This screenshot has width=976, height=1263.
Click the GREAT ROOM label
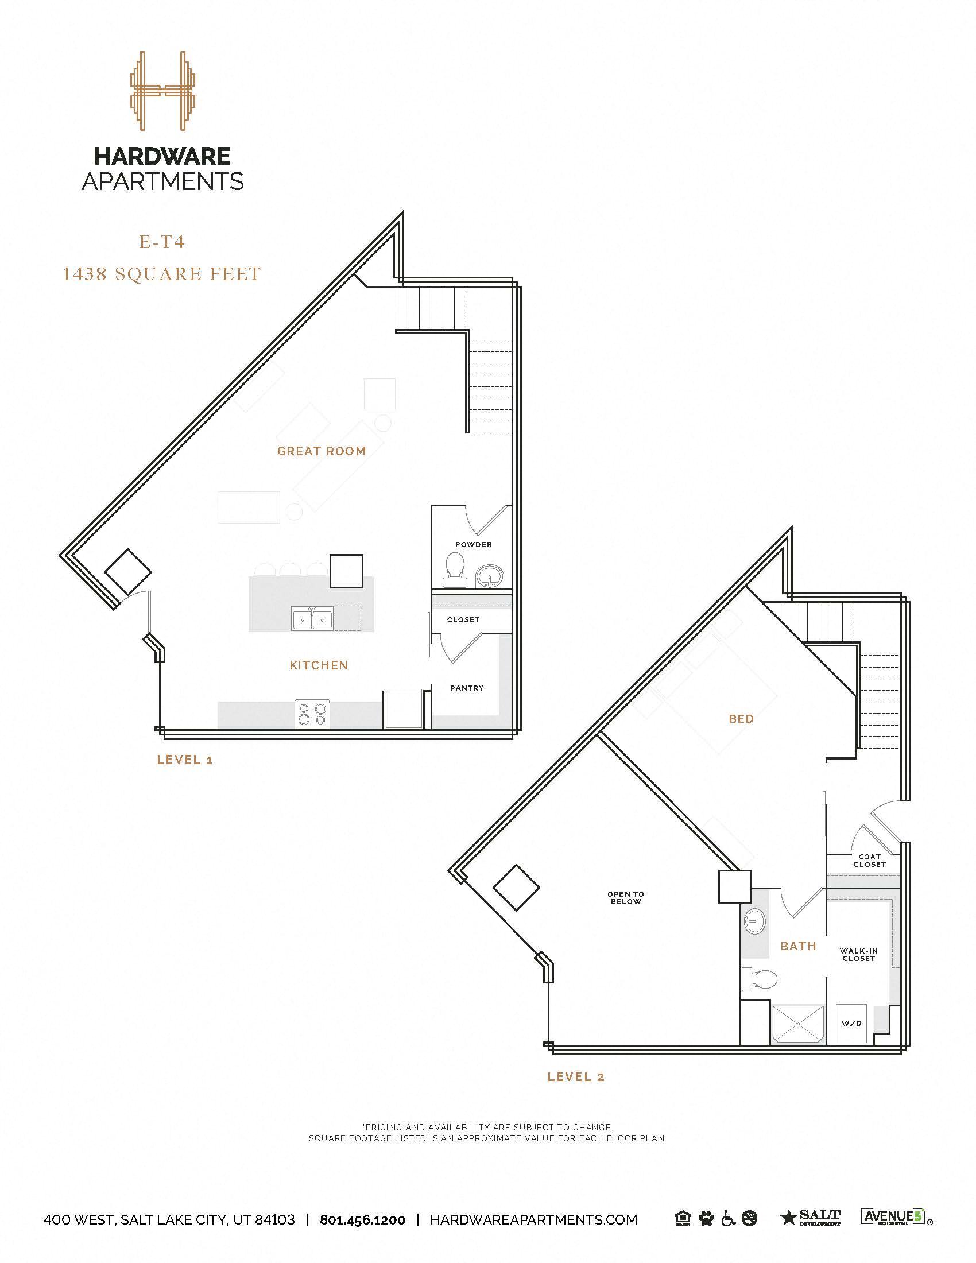(322, 451)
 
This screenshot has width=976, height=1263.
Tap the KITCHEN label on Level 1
(319, 665)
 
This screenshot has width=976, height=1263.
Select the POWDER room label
(474, 544)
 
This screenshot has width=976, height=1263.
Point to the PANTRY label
(467, 688)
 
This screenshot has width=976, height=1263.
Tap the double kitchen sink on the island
(312, 619)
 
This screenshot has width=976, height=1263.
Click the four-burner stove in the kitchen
(312, 714)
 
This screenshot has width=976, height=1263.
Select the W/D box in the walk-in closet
(851, 1023)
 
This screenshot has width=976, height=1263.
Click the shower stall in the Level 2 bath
(797, 1024)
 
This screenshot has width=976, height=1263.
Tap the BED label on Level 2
(741, 719)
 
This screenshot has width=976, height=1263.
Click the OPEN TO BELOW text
(626, 897)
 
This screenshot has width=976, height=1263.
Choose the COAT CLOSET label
(869, 861)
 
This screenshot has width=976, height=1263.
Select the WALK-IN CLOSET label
(859, 954)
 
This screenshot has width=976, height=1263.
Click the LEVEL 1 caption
(185, 760)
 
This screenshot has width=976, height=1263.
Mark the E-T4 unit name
(162, 242)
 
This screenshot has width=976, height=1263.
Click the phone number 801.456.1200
(362, 1219)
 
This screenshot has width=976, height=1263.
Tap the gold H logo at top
(162, 90)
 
